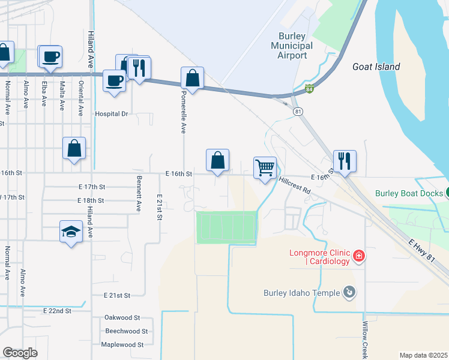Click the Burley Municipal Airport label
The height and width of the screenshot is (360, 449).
click(292, 46)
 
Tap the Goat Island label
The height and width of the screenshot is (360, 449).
click(376, 67)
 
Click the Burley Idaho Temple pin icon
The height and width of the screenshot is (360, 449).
click(348, 293)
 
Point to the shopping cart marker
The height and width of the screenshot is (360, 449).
click(265, 167)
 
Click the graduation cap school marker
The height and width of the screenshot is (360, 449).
click(71, 232)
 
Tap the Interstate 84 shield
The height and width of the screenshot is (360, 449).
click(309, 89)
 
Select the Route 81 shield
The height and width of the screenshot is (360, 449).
click(297, 112)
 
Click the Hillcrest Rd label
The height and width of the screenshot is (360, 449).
click(294, 185)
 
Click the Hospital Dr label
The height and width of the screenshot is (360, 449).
click(112, 113)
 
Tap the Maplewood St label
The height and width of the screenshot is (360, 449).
click(122, 344)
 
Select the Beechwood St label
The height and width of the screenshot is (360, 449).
click(126, 331)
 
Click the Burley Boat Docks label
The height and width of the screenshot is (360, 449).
click(409, 193)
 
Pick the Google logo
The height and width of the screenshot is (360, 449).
click(20, 353)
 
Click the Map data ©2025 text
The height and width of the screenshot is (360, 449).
click(423, 355)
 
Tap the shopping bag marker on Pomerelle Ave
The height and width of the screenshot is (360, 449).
click(192, 78)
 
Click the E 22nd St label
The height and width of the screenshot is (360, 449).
click(58, 311)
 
